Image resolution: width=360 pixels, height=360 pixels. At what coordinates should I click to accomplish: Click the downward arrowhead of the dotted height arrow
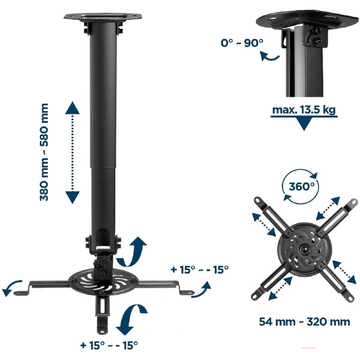click(x=73, y=197)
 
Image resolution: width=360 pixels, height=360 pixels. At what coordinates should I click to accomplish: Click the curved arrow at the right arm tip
click(x=202, y=290)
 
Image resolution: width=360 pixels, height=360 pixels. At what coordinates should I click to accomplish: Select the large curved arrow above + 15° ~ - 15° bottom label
click(x=131, y=319)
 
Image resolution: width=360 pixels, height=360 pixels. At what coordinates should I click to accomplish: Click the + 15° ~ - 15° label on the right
click(x=199, y=269)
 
